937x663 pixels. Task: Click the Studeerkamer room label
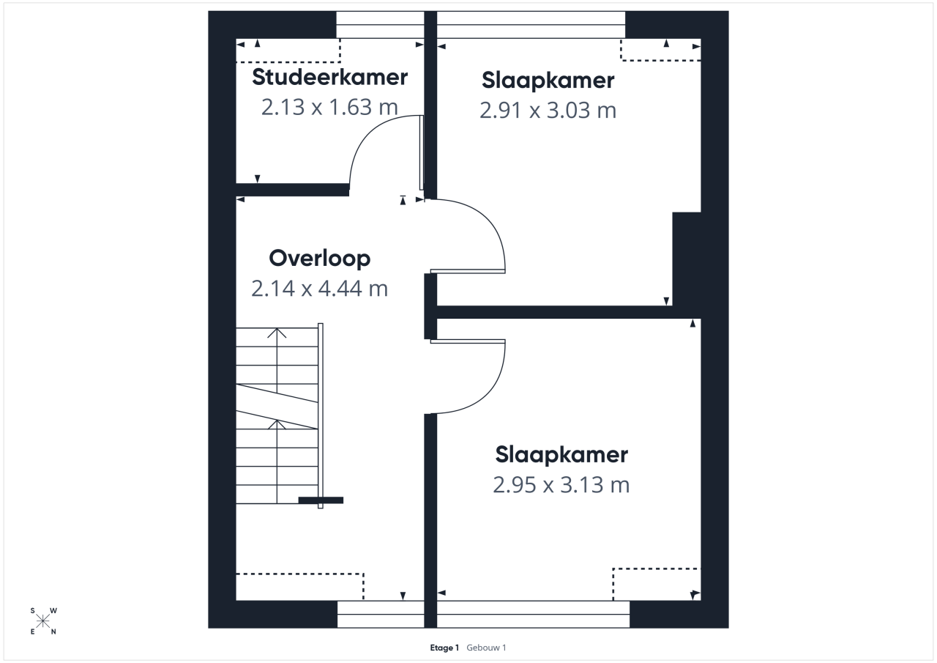tap(329, 78)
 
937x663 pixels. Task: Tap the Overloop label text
tap(320, 259)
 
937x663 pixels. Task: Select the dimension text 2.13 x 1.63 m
tap(329, 107)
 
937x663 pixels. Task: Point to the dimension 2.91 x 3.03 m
tap(548, 111)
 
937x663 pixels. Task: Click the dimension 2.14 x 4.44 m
tap(320, 289)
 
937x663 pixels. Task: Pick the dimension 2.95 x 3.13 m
tap(561, 485)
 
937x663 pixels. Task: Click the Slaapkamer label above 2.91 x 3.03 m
tap(548, 81)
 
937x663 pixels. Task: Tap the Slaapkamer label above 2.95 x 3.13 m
tap(561, 455)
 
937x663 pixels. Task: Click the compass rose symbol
tap(43, 621)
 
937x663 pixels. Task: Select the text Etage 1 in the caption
tap(444, 648)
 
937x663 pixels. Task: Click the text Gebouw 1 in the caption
tap(486, 648)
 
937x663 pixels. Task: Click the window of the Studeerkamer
tap(380, 25)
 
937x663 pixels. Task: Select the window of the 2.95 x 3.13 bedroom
tap(534, 614)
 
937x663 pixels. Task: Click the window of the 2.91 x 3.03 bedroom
tap(531, 25)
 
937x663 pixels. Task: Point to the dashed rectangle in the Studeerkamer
tap(288, 51)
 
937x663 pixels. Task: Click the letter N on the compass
tap(53, 632)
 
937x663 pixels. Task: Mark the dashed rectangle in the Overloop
tap(300, 587)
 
